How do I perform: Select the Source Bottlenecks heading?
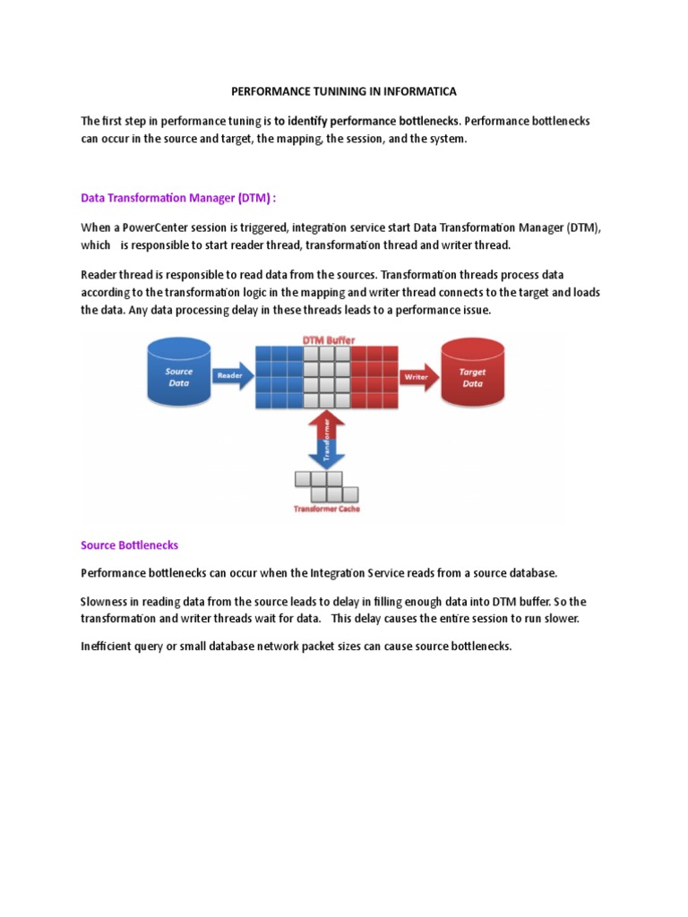pyautogui.click(x=129, y=544)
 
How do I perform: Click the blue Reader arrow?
pyautogui.click(x=230, y=376)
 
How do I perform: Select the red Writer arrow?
pyautogui.click(x=417, y=377)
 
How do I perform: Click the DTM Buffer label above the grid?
pyautogui.click(x=326, y=340)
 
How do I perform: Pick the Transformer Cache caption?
pyautogui.click(x=326, y=509)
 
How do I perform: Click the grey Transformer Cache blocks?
pyautogui.click(x=326, y=486)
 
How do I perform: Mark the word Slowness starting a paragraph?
pyautogui.click(x=106, y=603)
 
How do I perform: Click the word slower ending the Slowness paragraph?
pyautogui.click(x=562, y=619)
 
